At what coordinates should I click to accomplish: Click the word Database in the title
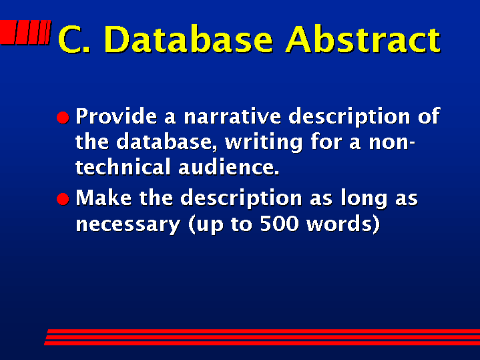coord(188,39)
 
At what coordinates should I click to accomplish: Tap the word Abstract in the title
coord(363,39)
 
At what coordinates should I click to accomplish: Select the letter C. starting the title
coord(74,39)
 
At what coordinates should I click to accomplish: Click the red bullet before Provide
coord(63,118)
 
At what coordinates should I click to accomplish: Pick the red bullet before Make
coord(63,199)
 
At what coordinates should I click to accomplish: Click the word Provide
coord(117,116)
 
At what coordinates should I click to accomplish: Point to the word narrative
coord(232,116)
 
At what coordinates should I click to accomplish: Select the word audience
coord(229,167)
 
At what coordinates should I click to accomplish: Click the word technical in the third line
coord(123,167)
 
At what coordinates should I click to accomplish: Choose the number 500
coord(279,224)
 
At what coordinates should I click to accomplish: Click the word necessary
coord(128,225)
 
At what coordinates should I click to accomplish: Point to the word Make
coord(103,198)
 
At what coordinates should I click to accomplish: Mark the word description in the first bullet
coord(349,117)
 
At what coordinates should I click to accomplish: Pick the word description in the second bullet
coord(241,199)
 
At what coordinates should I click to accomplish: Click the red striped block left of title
coord(25,33)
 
